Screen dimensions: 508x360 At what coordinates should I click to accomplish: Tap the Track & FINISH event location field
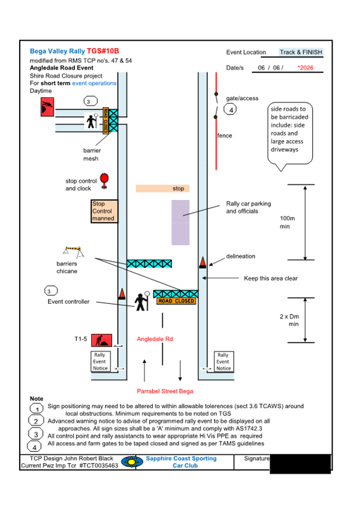(301, 52)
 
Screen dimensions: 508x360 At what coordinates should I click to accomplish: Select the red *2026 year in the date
(306, 68)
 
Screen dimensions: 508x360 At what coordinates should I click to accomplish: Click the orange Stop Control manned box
(103, 211)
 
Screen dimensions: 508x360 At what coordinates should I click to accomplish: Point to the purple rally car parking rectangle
(180, 222)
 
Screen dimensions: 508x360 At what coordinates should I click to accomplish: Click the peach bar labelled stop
(163, 188)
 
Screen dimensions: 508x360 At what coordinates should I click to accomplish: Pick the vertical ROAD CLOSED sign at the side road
(105, 121)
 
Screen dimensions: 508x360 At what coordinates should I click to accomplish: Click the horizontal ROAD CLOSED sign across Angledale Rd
(176, 301)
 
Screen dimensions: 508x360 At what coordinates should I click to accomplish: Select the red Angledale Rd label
(155, 339)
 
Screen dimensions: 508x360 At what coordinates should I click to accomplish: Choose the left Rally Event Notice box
(100, 361)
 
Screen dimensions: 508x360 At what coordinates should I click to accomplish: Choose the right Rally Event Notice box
(223, 361)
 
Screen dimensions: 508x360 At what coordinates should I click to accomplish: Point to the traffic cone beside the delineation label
(203, 262)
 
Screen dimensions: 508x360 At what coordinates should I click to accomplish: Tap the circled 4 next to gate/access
(231, 110)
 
